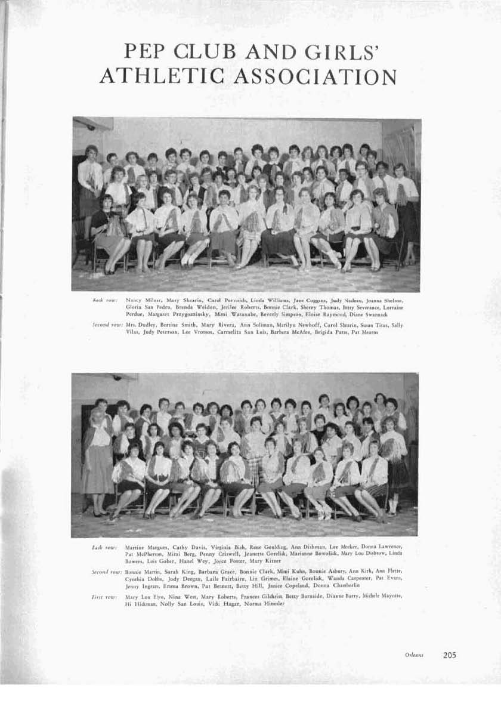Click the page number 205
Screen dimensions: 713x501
point(450,655)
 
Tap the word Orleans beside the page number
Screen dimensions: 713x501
point(414,655)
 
